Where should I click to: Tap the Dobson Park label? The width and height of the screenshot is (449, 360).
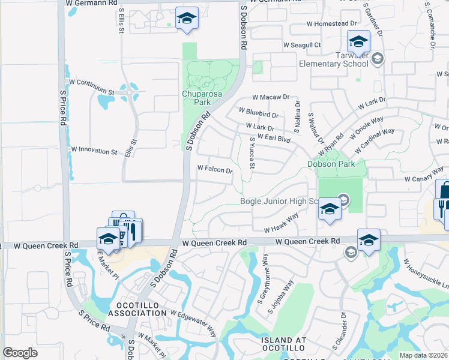[336, 163]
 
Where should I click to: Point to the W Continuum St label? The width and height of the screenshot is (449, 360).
[91, 86]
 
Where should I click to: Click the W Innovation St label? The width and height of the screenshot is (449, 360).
[94, 151]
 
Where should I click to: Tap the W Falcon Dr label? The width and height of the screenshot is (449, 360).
[214, 170]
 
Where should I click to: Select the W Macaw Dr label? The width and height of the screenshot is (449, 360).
[271, 97]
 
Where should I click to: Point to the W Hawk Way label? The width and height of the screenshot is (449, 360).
[281, 226]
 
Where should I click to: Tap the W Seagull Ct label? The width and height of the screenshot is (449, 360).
[303, 44]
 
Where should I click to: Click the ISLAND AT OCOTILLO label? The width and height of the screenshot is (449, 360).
[284, 344]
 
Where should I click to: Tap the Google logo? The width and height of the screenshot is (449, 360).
[20, 353]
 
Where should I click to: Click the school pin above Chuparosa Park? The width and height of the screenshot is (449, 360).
[187, 19]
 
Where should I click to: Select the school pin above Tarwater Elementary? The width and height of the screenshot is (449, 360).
[358, 42]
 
